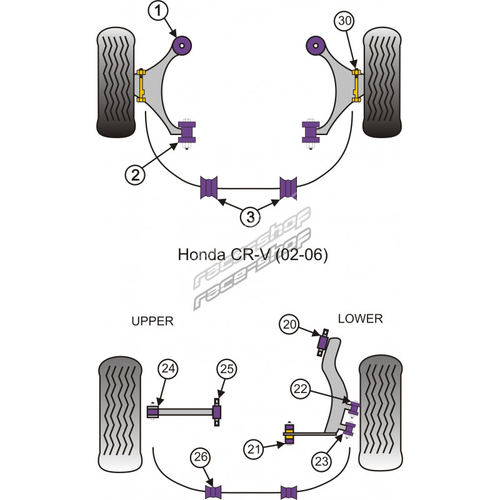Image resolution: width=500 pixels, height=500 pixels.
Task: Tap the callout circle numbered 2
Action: point(136,174)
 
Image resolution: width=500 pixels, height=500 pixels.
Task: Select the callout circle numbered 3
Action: point(249,216)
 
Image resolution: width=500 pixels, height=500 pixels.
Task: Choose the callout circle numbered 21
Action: point(254,447)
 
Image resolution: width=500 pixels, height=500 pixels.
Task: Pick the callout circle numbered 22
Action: point(299,388)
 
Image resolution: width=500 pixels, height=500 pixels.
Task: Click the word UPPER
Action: point(152,321)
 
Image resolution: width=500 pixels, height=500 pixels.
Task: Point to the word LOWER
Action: point(359,319)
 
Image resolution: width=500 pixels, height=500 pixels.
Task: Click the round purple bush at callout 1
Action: point(183,44)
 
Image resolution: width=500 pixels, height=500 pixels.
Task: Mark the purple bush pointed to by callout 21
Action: point(289,434)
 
